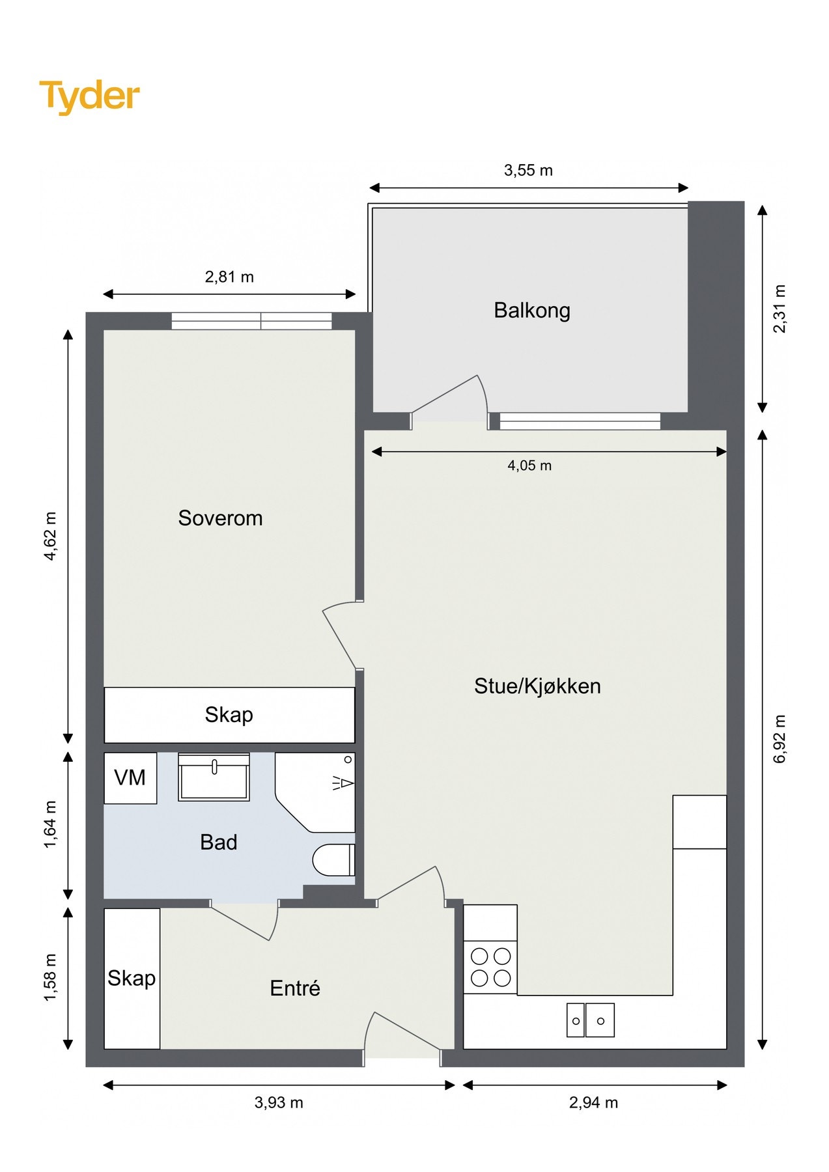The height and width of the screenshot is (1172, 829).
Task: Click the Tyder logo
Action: pyautogui.click(x=89, y=96)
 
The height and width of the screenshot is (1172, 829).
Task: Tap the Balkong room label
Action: pyautogui.click(x=531, y=310)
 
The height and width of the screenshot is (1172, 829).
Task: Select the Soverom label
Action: pyautogui.click(x=220, y=518)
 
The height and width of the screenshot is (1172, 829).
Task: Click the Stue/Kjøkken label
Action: pyautogui.click(x=537, y=686)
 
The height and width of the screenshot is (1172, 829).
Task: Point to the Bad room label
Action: pyautogui.click(x=218, y=843)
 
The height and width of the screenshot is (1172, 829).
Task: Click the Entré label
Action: pyautogui.click(x=295, y=988)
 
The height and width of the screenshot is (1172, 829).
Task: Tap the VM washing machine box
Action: pyautogui.click(x=130, y=777)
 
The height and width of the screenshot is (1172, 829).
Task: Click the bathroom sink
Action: pyautogui.click(x=214, y=777)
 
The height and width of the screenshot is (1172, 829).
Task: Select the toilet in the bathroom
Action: pyautogui.click(x=333, y=860)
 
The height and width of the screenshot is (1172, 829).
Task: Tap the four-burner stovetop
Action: pyautogui.click(x=490, y=968)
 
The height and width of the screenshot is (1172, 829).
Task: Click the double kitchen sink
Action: pyautogui.click(x=590, y=1020)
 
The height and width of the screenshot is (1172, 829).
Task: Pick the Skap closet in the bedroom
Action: pyautogui.click(x=229, y=715)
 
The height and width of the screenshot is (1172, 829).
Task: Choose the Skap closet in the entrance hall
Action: pyautogui.click(x=132, y=979)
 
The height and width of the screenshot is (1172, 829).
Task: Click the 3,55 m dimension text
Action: pyautogui.click(x=528, y=171)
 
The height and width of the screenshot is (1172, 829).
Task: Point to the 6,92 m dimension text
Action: pyautogui.click(x=780, y=738)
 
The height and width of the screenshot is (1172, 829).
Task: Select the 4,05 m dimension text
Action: pyautogui.click(x=529, y=466)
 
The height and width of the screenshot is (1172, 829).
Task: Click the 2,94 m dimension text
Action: pyautogui.click(x=593, y=1102)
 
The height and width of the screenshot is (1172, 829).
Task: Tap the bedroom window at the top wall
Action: pyautogui.click(x=251, y=321)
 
